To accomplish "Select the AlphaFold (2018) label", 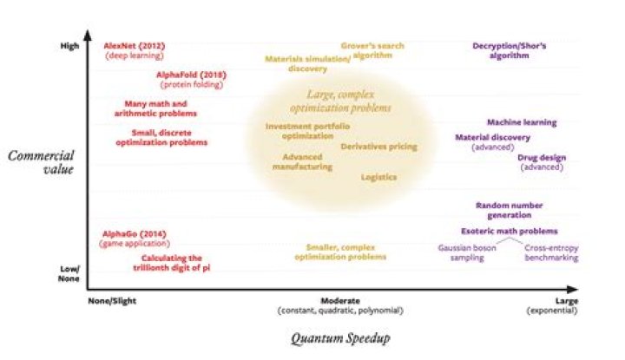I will coord(191,75).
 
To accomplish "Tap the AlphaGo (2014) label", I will coord(134,234).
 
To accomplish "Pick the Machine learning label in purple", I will coord(522,122).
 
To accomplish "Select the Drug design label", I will coord(542,157).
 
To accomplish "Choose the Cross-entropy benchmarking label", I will coord(552,252).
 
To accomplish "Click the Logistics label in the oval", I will coord(379,176).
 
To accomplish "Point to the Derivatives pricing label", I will coord(378,147).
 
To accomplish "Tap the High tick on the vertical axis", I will coord(69,46).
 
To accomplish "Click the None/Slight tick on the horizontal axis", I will coord(113,300).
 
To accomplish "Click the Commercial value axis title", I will coord(41,162).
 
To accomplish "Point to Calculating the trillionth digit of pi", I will coord(172,262).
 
